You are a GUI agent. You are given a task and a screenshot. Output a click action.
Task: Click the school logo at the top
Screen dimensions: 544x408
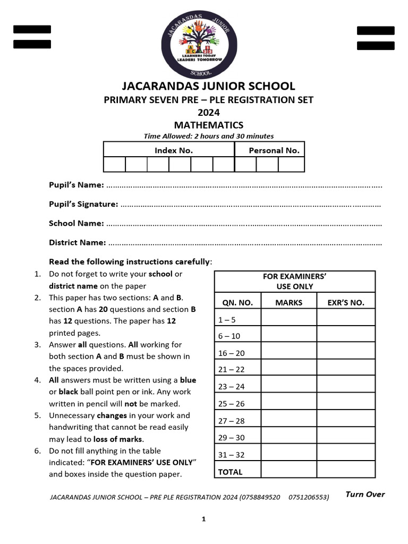203,47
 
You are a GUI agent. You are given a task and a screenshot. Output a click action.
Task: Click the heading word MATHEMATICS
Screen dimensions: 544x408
209,125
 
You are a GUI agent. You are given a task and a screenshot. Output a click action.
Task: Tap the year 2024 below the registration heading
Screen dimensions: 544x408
209,113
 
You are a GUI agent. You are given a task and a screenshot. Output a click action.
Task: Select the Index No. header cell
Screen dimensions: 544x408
173,150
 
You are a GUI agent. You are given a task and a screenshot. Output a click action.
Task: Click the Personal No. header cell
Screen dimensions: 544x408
274,150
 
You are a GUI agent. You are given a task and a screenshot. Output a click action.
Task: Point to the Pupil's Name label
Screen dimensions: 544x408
76,185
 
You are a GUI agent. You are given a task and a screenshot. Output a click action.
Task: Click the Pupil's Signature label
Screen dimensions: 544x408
83,204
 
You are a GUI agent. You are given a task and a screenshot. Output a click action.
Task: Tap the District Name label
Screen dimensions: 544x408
78,242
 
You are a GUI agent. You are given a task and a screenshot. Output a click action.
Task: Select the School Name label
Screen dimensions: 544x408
76,223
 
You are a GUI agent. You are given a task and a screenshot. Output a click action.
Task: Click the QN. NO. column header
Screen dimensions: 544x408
237,303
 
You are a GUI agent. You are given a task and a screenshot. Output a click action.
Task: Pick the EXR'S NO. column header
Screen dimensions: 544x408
346,303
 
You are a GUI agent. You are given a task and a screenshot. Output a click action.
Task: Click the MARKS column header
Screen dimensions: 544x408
289,303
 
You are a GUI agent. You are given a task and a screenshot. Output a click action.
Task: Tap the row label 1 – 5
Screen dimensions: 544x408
226,319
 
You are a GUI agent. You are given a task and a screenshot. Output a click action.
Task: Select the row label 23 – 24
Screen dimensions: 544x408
231,387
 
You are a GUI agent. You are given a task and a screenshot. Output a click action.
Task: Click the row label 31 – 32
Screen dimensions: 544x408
231,455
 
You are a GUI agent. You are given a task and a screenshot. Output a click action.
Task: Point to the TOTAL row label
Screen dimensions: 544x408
230,472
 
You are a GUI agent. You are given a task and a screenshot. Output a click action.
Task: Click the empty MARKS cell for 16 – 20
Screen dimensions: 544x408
289,353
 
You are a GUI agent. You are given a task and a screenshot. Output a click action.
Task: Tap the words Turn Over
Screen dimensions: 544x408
365,495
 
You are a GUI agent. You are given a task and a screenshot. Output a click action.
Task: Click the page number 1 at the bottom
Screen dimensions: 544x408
203,519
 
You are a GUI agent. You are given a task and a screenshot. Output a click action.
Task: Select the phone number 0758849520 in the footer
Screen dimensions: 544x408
260,497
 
